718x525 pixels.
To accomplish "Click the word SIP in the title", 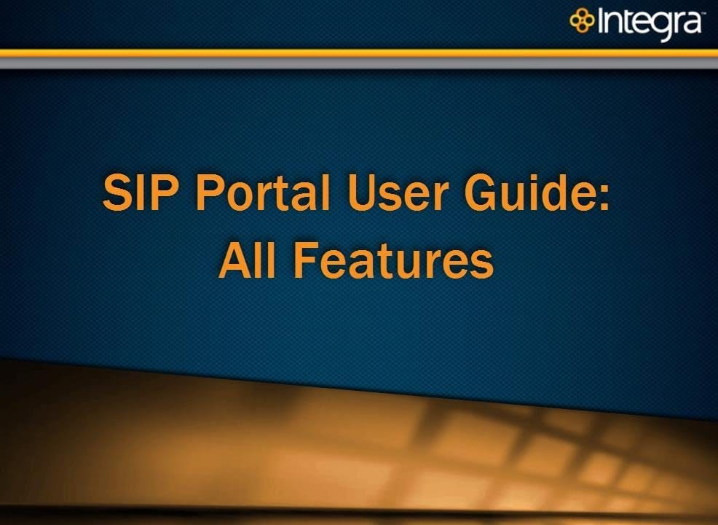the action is point(140,192).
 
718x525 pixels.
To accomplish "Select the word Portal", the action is point(263,192).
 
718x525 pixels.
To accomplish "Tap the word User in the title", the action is point(398,192).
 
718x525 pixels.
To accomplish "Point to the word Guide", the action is point(527,192).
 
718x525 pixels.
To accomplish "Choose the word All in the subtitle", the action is point(248,260).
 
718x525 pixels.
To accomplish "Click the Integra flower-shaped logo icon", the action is point(582,20).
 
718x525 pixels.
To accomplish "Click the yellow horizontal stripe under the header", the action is point(359,53).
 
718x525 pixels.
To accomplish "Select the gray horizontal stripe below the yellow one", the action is point(359,63).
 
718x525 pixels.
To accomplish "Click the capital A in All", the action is point(236,260).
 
